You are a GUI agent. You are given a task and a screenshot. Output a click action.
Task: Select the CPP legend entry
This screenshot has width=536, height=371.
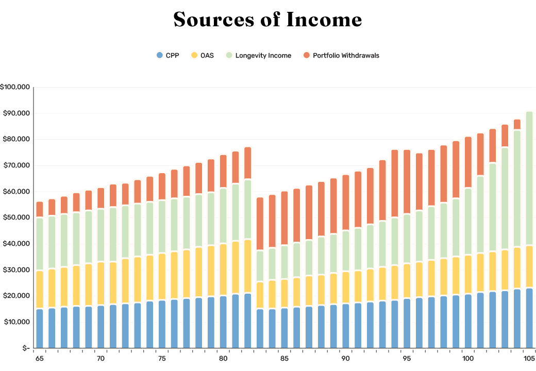(x=167, y=55)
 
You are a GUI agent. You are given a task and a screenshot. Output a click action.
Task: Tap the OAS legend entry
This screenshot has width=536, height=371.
(x=202, y=55)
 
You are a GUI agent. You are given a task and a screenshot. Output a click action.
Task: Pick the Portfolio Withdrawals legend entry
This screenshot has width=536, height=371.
(x=341, y=55)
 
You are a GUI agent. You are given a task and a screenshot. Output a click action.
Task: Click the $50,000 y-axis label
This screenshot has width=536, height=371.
(x=16, y=218)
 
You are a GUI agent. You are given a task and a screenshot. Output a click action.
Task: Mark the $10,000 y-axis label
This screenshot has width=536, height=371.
(x=16, y=323)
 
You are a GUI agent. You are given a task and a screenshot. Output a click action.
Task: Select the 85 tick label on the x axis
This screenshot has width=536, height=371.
(x=284, y=358)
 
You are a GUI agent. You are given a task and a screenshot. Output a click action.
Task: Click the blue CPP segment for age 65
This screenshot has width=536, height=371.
(x=40, y=328)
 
